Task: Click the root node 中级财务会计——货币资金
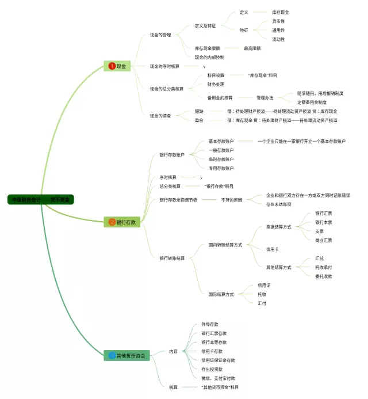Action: coord(41,200)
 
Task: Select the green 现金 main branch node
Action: coord(117,66)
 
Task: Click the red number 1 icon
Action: coord(111,66)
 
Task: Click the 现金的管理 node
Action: coord(160,35)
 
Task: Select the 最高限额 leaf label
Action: coord(252,48)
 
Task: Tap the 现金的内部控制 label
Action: coord(209,58)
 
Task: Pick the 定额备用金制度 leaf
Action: coord(316,102)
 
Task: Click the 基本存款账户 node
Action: coord(221,141)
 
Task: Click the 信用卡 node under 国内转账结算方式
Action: coord(272,249)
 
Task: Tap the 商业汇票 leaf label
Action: coord(323,240)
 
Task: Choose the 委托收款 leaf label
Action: coord(323,276)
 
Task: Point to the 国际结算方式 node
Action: coord(221,294)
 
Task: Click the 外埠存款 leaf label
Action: coord(209,324)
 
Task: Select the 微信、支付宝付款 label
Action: coord(218,378)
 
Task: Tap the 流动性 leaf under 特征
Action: coord(278,39)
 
